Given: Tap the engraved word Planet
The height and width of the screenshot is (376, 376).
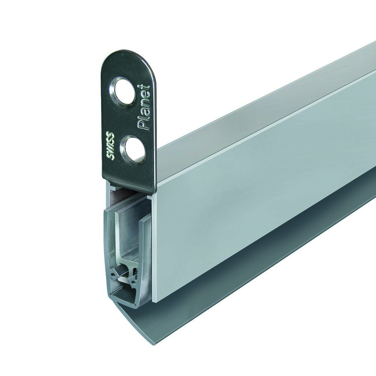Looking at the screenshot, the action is coord(143,108).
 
